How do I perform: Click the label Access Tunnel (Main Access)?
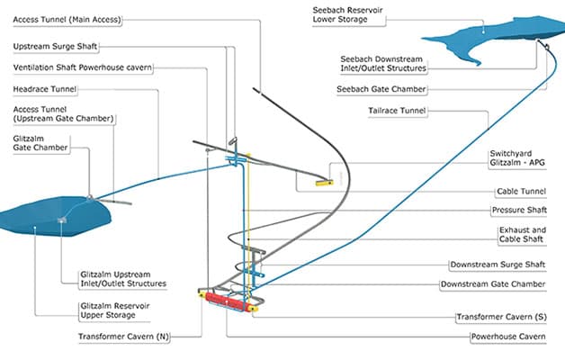click(x=67, y=20)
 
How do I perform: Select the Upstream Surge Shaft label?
click(x=55, y=47)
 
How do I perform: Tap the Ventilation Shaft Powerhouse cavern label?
click(x=83, y=67)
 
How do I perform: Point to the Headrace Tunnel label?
click(x=45, y=89)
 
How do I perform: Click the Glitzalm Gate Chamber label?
click(x=40, y=143)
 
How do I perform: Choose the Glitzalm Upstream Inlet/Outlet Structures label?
click(x=123, y=279)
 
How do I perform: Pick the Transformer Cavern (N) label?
click(x=123, y=337)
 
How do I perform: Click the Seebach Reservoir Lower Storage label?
click(x=347, y=14)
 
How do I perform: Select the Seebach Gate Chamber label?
click(x=381, y=89)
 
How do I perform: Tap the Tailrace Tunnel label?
click(x=397, y=111)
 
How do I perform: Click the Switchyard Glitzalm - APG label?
click(x=517, y=157)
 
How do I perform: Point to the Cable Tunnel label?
click(x=522, y=192)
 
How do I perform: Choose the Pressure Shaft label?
click(x=519, y=210)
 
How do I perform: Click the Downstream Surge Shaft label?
click(x=498, y=265)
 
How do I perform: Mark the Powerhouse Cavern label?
click(x=508, y=337)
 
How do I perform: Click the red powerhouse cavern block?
click(x=226, y=301)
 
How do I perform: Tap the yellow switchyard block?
click(x=324, y=183)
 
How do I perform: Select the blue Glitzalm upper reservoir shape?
click(x=55, y=216)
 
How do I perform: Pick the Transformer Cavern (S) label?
click(x=502, y=317)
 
